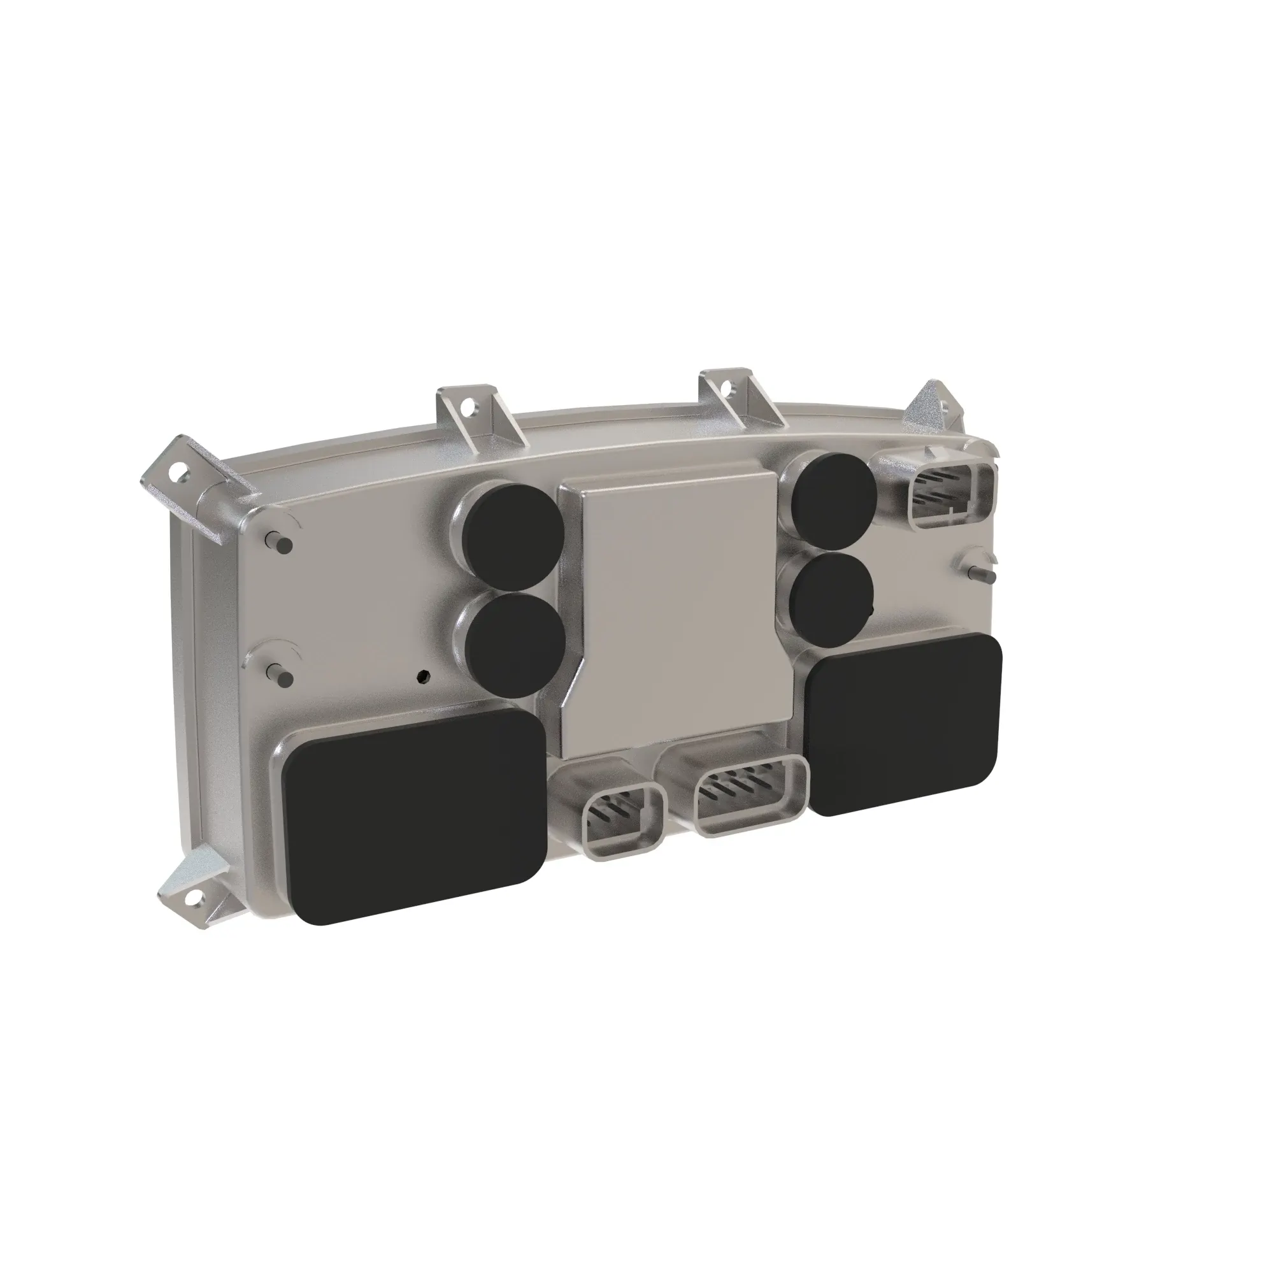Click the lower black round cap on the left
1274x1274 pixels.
[516, 645]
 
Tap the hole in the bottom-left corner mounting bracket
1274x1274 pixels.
[194, 897]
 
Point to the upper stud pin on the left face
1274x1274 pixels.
[279, 542]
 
